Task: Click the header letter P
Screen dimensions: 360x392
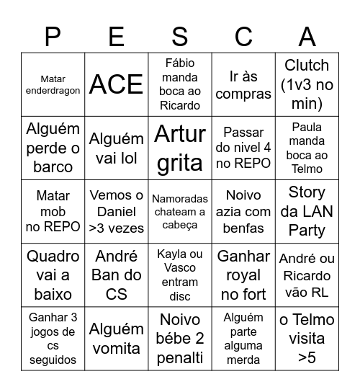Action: point(53,36)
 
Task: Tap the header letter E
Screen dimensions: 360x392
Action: point(116,36)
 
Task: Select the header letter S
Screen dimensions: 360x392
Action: point(180,36)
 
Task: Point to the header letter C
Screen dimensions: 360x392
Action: point(243,36)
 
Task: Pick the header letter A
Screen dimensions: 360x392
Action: point(307,36)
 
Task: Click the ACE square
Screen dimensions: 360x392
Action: point(116,84)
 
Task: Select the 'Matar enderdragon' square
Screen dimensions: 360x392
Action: point(53,84)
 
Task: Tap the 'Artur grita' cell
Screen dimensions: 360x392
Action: point(180,148)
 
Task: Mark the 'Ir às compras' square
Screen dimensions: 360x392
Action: point(243,84)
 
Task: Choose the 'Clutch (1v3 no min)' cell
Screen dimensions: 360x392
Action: point(307,84)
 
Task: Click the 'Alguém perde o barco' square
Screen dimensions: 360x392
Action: point(53,148)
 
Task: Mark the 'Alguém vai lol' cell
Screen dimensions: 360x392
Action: point(116,148)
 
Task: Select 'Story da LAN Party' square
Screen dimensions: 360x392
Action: point(307,211)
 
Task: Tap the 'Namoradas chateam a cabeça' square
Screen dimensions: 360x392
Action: point(180,211)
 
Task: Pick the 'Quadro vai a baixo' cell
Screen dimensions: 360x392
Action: point(53,275)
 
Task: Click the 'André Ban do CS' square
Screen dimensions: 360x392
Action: point(116,275)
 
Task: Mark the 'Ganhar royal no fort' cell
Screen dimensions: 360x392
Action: point(243,275)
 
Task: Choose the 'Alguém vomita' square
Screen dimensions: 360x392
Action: point(116,338)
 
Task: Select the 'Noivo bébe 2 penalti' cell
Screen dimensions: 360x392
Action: point(180,338)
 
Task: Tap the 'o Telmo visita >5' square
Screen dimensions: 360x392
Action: point(307,338)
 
